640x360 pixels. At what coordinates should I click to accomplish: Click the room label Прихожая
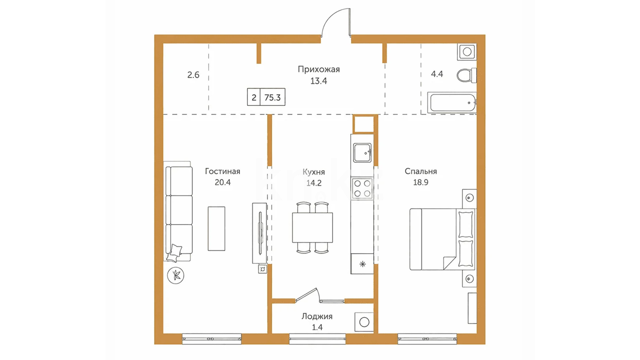pos(319,69)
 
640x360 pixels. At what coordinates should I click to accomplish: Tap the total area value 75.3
pos(272,97)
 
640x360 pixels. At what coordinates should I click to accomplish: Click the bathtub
pos(452,103)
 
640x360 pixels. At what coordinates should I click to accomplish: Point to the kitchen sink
pos(362,153)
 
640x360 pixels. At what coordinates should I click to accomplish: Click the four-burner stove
pos(362,188)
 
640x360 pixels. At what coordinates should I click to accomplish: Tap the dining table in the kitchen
pos(313,228)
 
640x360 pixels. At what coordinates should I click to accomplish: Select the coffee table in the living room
pos(216,228)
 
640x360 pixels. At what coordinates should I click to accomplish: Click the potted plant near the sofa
pos(176,275)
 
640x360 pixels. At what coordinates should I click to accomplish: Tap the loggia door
pos(307,295)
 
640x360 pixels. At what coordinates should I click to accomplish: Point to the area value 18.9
pos(421,182)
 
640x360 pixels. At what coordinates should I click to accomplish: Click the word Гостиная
pos(222,171)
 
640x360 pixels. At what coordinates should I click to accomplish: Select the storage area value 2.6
pos(193,75)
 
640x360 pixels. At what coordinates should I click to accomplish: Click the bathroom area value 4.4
pos(437,74)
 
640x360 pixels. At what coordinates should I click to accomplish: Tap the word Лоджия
pos(317,316)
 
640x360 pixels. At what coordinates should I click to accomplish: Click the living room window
pos(212,339)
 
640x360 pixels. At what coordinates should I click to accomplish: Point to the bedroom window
pos(427,339)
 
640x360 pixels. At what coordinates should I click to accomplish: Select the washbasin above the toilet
pos(467,52)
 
